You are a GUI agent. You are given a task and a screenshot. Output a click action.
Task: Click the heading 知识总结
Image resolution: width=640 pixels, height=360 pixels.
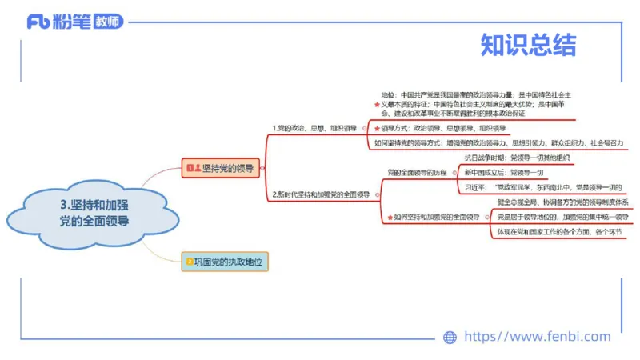coord(528,46)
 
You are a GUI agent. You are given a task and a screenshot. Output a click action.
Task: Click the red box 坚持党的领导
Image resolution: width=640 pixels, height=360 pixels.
coord(222,168)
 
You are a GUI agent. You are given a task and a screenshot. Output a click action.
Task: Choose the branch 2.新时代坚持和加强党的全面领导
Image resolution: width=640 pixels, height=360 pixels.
coord(320,194)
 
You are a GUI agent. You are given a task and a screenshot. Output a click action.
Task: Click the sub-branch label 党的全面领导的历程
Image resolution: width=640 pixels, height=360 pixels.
coord(417,172)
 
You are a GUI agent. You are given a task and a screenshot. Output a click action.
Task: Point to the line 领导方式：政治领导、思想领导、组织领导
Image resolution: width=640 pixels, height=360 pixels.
coord(443,128)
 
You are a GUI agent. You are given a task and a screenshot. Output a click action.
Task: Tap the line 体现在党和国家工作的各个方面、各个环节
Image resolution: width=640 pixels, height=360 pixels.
coord(558,232)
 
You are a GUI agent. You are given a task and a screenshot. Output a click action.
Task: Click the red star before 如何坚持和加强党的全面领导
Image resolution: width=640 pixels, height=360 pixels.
coord(388,217)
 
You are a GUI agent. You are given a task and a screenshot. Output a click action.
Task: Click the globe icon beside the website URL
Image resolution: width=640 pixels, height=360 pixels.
coord(450,337)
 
